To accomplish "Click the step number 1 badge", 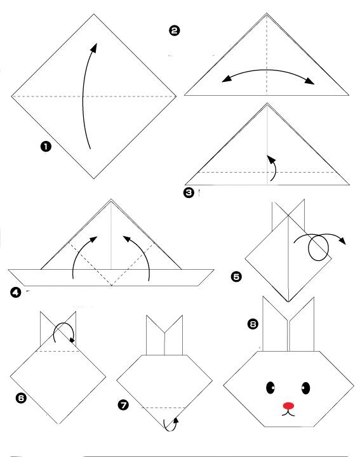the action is (x=46, y=147).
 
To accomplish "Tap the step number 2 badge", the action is (x=175, y=30).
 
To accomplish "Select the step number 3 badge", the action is (x=189, y=192).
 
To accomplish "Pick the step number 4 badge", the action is (x=15, y=293).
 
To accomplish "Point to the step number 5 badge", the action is (x=236, y=276).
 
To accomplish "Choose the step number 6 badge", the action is (x=21, y=398).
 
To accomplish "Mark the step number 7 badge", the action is (x=123, y=405).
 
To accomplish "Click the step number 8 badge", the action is (x=253, y=324).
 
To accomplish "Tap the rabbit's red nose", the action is (x=289, y=406).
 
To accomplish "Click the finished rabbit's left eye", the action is (x=270, y=388).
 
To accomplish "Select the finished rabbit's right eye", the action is (x=305, y=388).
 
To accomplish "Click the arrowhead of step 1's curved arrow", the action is (x=94, y=48).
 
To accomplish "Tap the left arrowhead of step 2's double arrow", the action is (x=227, y=79).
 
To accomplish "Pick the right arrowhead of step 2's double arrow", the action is (x=310, y=81).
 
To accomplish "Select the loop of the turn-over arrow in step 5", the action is (x=318, y=248).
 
